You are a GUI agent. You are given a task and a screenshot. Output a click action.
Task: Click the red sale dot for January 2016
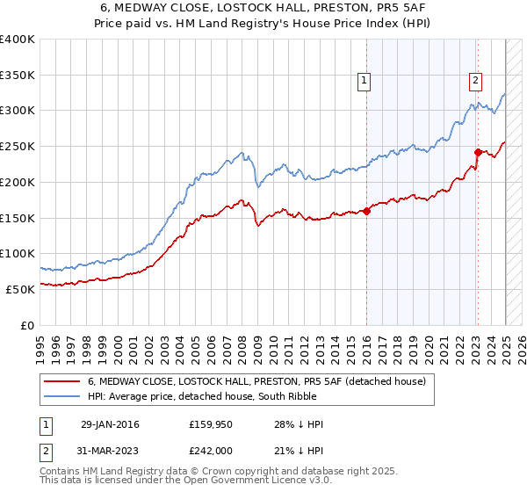pyautogui.click(x=366, y=210)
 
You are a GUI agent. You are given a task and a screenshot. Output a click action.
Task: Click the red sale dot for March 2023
pyautogui.click(x=478, y=152)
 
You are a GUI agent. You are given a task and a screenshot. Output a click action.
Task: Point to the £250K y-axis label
pyautogui.click(x=18, y=146)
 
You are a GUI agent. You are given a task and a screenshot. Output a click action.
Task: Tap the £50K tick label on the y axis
pyautogui.click(x=21, y=288)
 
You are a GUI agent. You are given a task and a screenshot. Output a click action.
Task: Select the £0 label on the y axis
pyautogui.click(x=28, y=324)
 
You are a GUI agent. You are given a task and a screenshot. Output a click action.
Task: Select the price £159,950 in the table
pyautogui.click(x=209, y=424)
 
